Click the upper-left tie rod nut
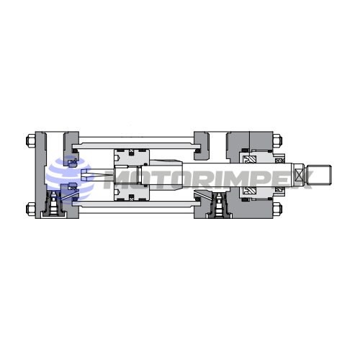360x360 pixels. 31,140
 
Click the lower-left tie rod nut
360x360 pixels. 31,209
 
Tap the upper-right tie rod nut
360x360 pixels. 277,140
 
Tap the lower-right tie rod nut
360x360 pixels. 277,209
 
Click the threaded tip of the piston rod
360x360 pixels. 320,175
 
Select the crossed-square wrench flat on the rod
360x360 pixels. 299,175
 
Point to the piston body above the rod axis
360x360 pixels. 132,158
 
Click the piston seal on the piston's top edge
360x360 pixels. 131,152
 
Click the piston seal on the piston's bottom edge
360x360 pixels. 131,198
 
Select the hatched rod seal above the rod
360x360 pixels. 250,160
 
